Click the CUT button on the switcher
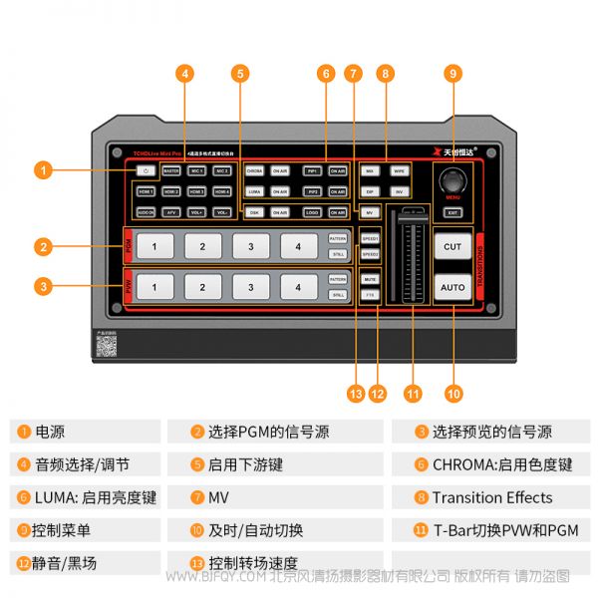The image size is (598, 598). coord(452,246)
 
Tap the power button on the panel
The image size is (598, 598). coord(146,170)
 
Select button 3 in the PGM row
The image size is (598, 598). coord(250,245)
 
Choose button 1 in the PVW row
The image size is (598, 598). coord(154,288)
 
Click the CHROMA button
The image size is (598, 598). coord(254,171)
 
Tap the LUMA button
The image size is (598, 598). coord(254,190)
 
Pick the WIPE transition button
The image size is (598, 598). coord(398,171)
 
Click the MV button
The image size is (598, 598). coord(369,212)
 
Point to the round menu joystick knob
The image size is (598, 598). coord(453,181)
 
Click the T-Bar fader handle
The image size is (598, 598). coord(409,218)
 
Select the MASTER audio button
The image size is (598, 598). coord(171,170)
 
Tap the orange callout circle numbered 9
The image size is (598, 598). coord(453,73)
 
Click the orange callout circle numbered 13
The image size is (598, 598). coord(356,393)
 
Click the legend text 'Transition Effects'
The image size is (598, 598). coord(491,497)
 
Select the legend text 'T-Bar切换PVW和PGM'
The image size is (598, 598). coord(504,530)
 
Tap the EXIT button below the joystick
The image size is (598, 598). coord(452,212)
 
